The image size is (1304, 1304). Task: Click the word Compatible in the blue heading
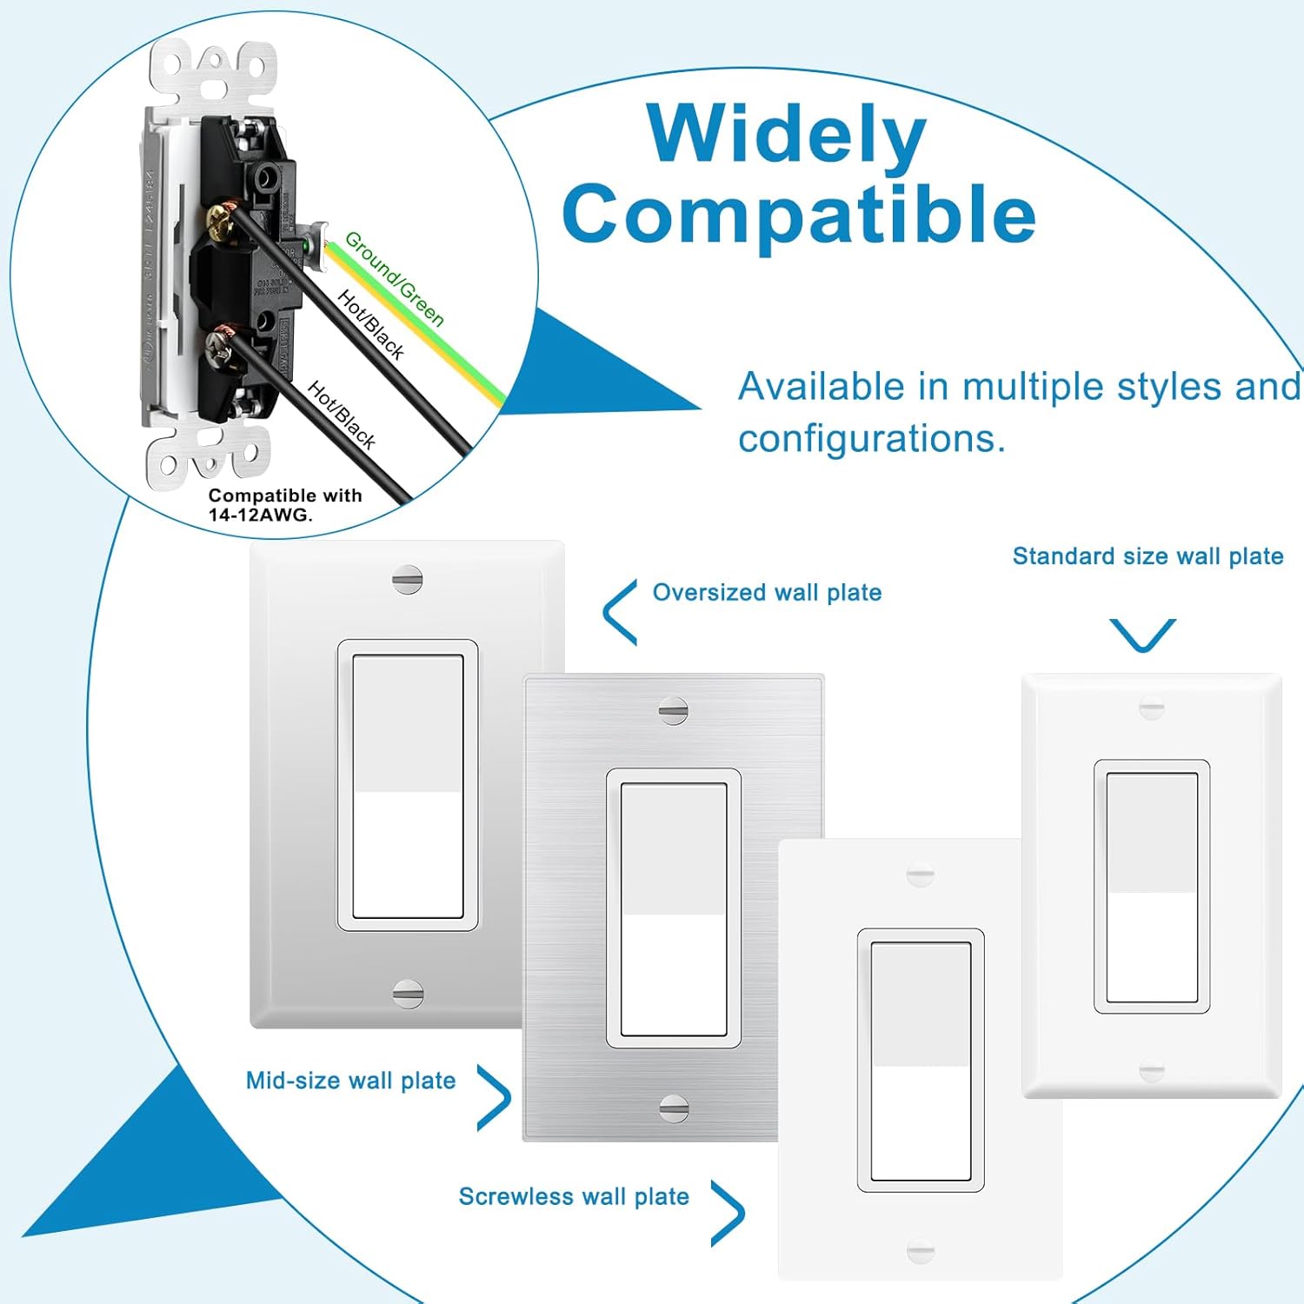point(799,214)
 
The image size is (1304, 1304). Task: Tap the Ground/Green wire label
point(395,278)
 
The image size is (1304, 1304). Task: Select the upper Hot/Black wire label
point(371,325)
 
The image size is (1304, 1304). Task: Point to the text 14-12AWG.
point(260,515)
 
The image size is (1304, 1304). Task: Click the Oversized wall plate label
point(767,593)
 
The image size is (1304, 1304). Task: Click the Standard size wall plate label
point(1148,556)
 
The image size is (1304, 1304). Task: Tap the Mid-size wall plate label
point(350,1081)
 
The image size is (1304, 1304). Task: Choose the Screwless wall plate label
point(574,1197)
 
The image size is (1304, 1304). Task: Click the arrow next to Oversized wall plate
point(619,612)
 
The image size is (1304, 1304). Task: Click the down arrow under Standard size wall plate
point(1142,635)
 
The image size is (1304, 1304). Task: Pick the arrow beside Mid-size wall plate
point(494,1098)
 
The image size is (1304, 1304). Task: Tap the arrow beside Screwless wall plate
point(729,1213)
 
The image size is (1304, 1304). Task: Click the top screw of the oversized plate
point(407,579)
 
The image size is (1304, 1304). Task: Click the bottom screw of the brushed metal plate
point(674,1107)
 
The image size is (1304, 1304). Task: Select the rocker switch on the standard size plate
point(1151,887)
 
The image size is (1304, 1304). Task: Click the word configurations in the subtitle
point(871,439)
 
